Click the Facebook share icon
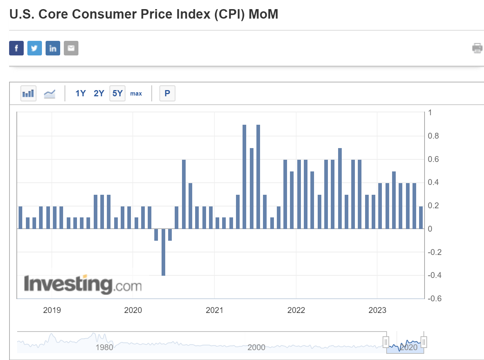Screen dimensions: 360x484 pyautogui.click(x=16, y=48)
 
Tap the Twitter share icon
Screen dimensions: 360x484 pyautogui.click(x=35, y=48)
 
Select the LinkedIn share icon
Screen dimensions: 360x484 pyautogui.click(x=53, y=48)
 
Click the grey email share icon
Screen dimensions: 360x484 pyautogui.click(x=71, y=48)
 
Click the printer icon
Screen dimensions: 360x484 pyautogui.click(x=477, y=48)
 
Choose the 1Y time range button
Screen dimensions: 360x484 pyautogui.click(x=81, y=93)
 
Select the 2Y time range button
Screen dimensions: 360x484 pyautogui.click(x=99, y=93)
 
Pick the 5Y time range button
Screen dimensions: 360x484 pyautogui.click(x=117, y=93)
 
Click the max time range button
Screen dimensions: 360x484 pyautogui.click(x=136, y=94)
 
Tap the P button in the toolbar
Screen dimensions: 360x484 pyautogui.click(x=167, y=93)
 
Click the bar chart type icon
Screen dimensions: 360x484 pyautogui.click(x=28, y=93)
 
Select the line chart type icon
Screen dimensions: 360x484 pyautogui.click(x=50, y=94)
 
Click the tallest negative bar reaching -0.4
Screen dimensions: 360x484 pyautogui.click(x=163, y=252)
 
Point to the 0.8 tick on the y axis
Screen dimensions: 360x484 pyautogui.click(x=433, y=136)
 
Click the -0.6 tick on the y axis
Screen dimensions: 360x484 pyautogui.click(x=434, y=298)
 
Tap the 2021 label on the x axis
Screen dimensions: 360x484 pyautogui.click(x=214, y=310)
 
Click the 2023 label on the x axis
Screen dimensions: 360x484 pyautogui.click(x=377, y=310)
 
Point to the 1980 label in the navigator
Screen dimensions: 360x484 pyautogui.click(x=104, y=347)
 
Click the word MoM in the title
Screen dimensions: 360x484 pyautogui.click(x=263, y=14)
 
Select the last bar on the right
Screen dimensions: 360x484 pyautogui.click(x=421, y=217)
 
